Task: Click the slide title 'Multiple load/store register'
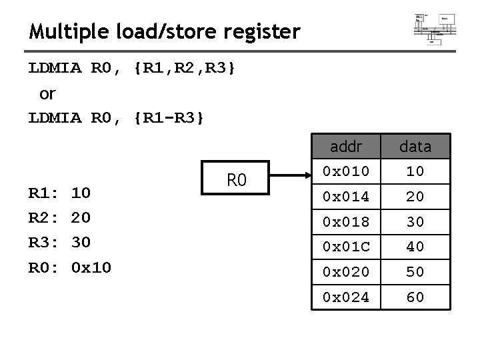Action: pos(165,31)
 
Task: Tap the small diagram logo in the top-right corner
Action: pos(435,27)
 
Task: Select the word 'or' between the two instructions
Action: pos(48,94)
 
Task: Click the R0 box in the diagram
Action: pos(237,179)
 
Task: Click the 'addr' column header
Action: pos(346,146)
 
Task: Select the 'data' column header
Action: pos(415,146)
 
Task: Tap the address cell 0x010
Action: pos(346,171)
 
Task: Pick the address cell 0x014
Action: pos(346,197)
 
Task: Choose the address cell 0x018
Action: pos(346,221)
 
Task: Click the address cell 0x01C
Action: pos(346,247)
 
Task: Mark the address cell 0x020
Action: pos(346,272)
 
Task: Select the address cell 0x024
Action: pos(346,297)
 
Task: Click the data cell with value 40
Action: pos(415,247)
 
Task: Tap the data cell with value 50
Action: pos(415,272)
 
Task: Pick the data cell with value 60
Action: pos(415,297)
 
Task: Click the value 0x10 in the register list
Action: pos(91,267)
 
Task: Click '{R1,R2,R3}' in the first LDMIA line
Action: pos(184,68)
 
